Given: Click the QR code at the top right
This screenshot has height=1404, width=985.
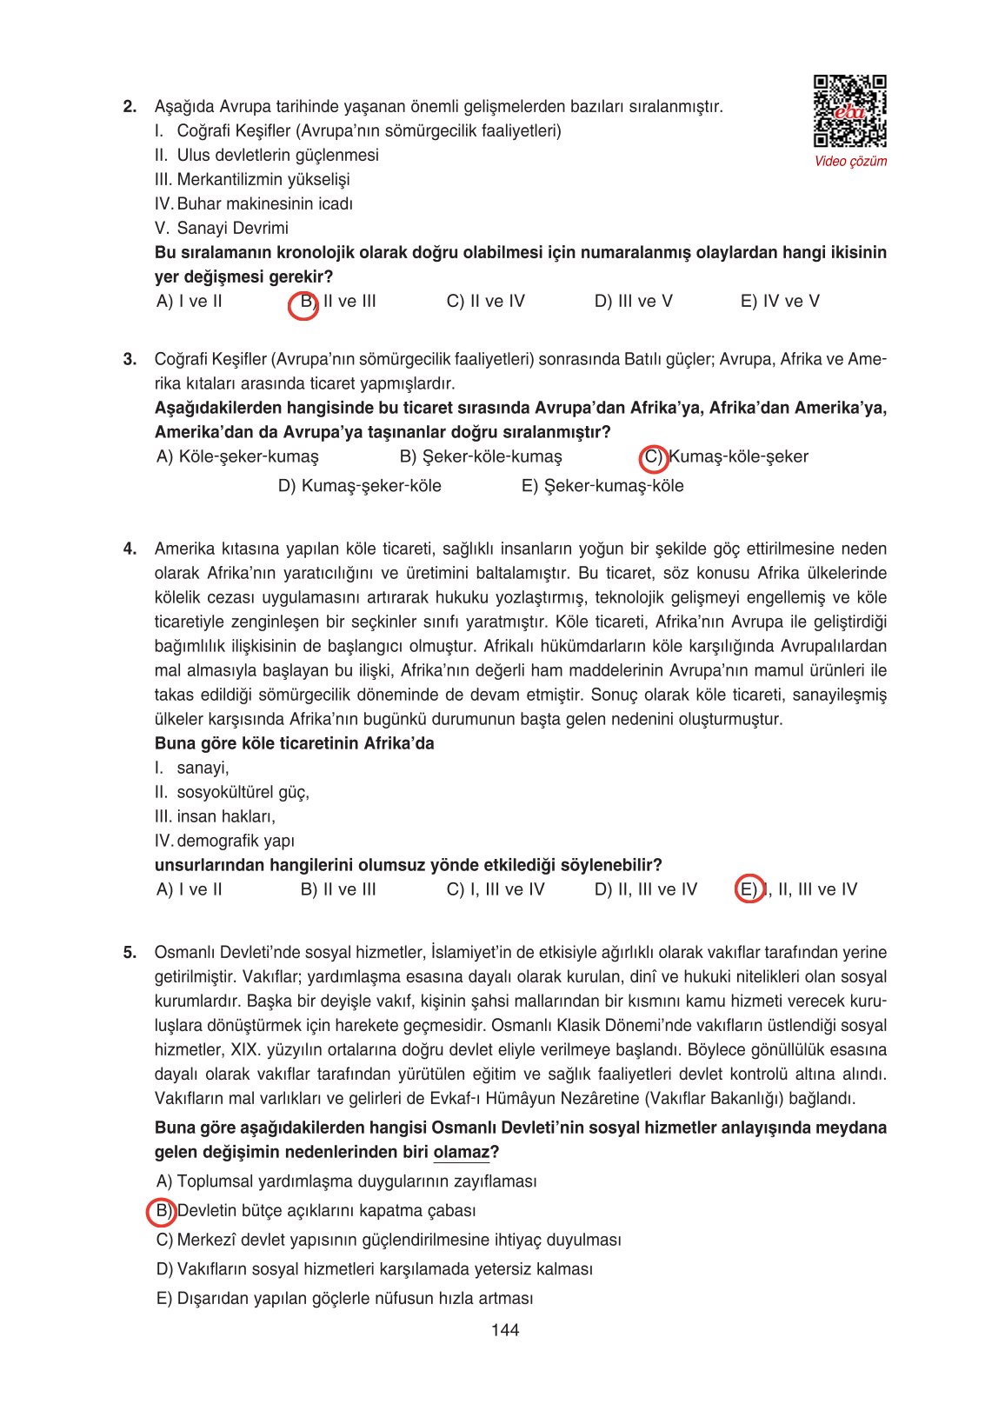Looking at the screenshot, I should point(849,111).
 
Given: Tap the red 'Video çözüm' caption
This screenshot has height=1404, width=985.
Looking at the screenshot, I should point(850,161).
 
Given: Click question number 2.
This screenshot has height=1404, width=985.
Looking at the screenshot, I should point(130,107).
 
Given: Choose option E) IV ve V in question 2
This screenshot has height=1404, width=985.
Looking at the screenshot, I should point(780,302).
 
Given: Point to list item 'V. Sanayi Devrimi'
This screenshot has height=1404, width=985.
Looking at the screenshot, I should point(222,229).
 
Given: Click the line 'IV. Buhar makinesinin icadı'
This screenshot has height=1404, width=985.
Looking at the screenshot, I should point(254,204).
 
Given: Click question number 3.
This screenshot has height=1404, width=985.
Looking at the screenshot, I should point(130,359).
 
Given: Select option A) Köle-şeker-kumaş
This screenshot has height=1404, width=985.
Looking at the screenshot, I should point(237,457).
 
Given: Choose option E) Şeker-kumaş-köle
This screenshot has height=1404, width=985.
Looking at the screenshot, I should point(602,486).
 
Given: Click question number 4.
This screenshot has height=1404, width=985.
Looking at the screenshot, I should point(130,549).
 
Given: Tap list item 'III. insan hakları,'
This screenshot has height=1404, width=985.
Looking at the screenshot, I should point(215,817).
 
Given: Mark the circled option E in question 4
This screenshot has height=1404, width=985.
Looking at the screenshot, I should point(749,889).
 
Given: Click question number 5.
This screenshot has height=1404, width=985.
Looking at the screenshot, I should point(130,953).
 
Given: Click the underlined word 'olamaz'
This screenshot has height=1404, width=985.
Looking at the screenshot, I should point(462,1153).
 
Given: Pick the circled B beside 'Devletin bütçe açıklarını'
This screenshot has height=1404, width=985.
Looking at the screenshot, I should point(162,1211).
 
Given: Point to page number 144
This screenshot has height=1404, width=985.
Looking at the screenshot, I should point(504,1330).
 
